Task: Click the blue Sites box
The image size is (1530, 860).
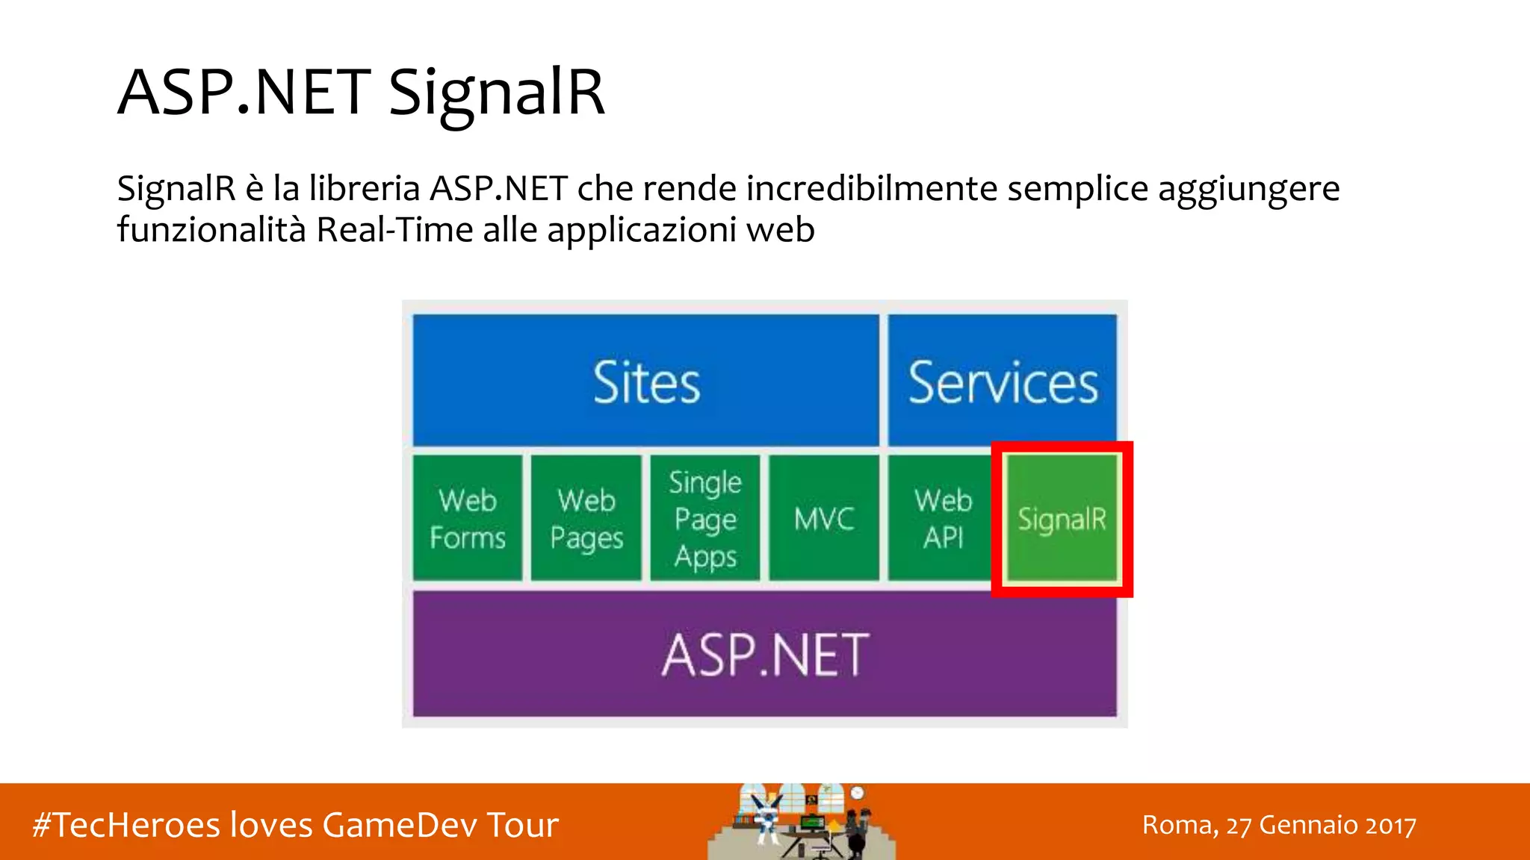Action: tap(645, 381)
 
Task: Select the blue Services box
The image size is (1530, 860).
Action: tap(1003, 381)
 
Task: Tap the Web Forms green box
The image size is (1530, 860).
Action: tap(468, 518)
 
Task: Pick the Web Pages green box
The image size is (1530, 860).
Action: tap(586, 518)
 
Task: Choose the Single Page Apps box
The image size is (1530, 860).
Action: tap(705, 518)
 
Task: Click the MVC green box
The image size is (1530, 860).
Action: tap(824, 518)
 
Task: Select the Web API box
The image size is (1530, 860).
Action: tap(942, 518)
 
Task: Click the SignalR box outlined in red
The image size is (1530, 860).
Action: tap(1062, 519)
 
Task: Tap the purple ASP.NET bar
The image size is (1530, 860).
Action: tap(765, 655)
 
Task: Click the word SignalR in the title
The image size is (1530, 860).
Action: tap(497, 93)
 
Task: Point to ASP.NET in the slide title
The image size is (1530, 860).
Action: tap(244, 93)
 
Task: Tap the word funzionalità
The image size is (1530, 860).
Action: tap(211, 229)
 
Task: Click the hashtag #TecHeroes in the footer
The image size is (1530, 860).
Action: tap(127, 825)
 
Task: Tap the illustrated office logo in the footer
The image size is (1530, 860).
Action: tap(801, 821)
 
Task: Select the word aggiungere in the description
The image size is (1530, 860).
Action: tap(1248, 190)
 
